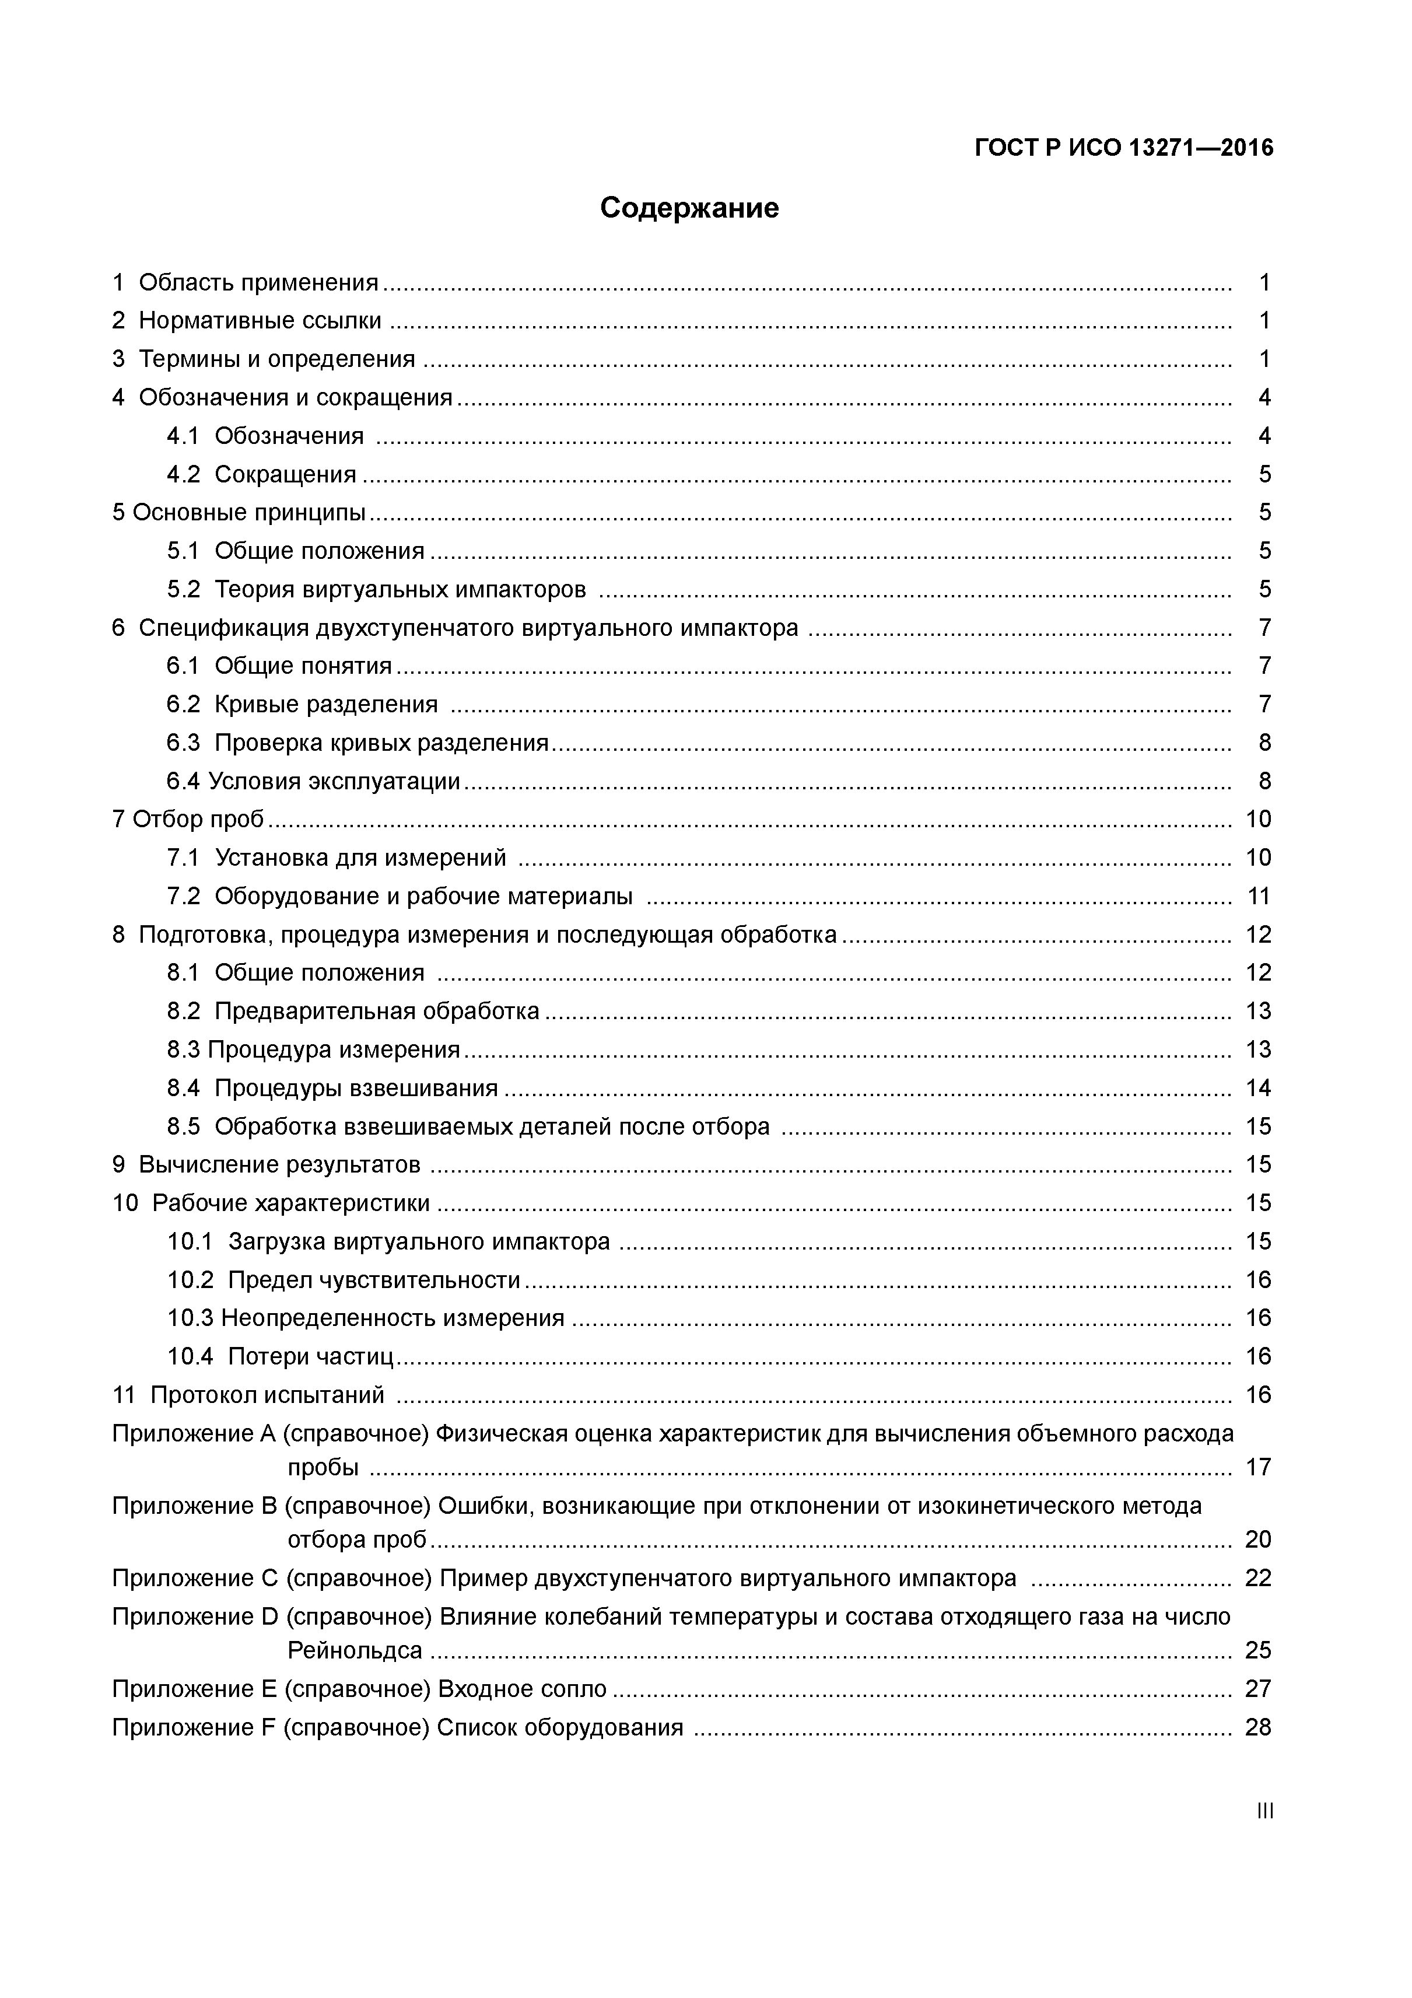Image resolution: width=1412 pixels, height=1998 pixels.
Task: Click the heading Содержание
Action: coord(689,208)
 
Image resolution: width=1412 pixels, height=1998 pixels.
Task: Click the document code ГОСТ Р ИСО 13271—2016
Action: coord(1123,148)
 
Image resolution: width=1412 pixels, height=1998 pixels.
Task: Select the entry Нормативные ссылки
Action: coord(260,321)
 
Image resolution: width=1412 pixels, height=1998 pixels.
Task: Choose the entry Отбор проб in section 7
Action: coord(198,820)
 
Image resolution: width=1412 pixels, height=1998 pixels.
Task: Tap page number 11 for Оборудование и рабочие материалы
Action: coord(1259,896)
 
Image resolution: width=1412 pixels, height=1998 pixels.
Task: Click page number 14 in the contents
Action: coord(1259,1089)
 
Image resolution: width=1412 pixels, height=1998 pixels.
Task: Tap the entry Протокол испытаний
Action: coord(267,1396)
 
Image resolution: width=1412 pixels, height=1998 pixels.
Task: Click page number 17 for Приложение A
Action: coord(1259,1468)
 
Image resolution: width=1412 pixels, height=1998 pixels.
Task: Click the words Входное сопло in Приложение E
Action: coord(522,1689)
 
